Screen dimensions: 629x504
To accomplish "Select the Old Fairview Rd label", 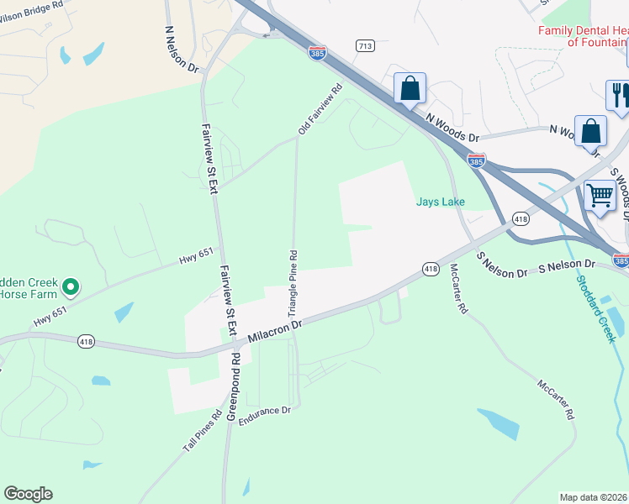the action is point(320,108).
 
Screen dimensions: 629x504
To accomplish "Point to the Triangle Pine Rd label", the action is point(293,281).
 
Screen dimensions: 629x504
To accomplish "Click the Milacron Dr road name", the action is point(274,330).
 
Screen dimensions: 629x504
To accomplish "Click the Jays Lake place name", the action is point(440,202).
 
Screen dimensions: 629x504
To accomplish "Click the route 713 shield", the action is point(364,45).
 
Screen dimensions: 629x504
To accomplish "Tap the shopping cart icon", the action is point(599,195).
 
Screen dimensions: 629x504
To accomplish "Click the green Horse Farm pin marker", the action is point(71,288).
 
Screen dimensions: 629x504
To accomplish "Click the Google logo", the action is point(28,494).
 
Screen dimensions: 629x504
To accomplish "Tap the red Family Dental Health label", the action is point(584,36).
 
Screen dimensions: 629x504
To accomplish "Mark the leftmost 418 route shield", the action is point(87,342).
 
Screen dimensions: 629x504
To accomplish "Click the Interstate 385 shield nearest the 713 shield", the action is point(317,53).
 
